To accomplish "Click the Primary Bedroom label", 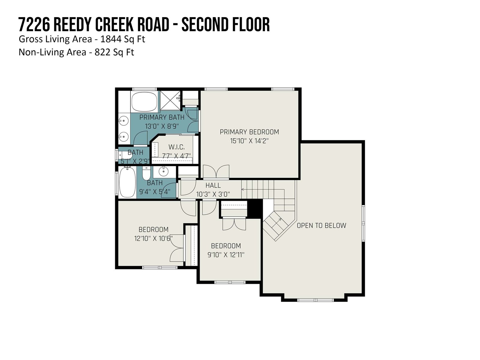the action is [249, 132].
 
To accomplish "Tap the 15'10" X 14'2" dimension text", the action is [249, 141].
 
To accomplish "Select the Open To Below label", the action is [322, 226].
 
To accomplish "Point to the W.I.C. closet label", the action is [176, 147].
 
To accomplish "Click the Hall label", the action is [213, 186].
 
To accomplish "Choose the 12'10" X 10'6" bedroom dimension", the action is [154, 238].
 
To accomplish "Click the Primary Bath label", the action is [162, 117].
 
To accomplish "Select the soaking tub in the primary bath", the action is [145, 102].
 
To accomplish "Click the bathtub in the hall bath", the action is [127, 182].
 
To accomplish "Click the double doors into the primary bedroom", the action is [216, 172].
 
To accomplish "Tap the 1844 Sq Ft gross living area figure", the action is [123, 39].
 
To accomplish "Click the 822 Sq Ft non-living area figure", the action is [114, 52].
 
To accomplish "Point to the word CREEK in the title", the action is [114, 25].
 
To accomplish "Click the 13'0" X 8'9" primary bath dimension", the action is [162, 126].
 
